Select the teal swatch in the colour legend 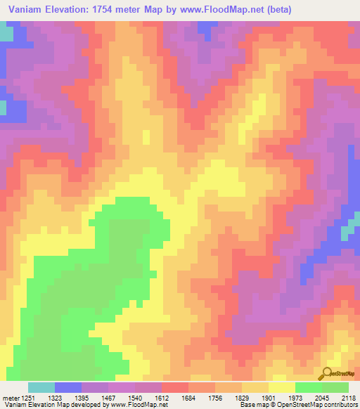pyautogui.click(x=41, y=387)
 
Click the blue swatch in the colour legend pyautogui.click(x=68, y=387)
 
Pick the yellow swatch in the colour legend pyautogui.click(x=282, y=387)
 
